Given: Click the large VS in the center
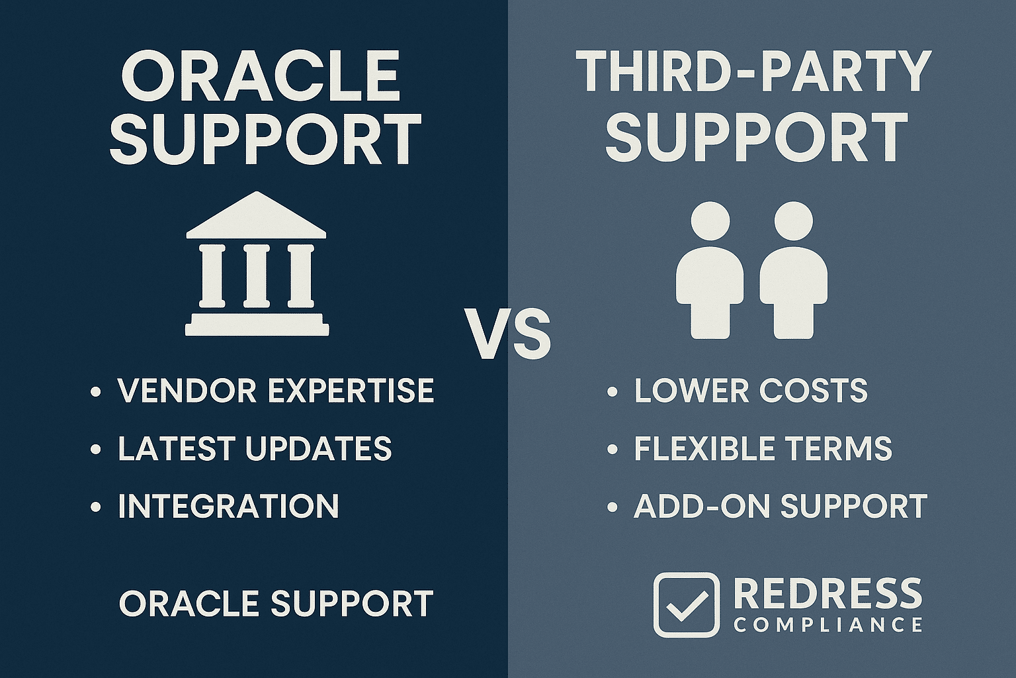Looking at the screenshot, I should tap(507, 334).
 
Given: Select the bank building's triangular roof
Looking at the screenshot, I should tap(257, 217).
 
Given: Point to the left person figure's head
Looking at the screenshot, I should tap(710, 222).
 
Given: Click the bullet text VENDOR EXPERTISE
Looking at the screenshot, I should tap(276, 391).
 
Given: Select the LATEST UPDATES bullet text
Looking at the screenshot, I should tap(255, 448).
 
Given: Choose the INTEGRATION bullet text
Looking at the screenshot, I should tap(228, 506).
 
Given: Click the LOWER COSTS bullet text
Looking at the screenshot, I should tap(751, 391).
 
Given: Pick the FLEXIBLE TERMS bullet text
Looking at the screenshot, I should tap(763, 448).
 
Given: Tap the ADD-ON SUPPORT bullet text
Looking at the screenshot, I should tap(781, 506).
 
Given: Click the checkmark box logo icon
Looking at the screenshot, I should tap(686, 605).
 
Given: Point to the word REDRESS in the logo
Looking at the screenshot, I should tap(827, 593).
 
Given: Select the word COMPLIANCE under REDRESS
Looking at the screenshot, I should tap(827, 624).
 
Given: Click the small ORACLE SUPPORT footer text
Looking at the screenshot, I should tap(276, 604).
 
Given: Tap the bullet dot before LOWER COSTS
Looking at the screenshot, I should tap(612, 392).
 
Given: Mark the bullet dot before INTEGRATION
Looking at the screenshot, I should tap(96, 507).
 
